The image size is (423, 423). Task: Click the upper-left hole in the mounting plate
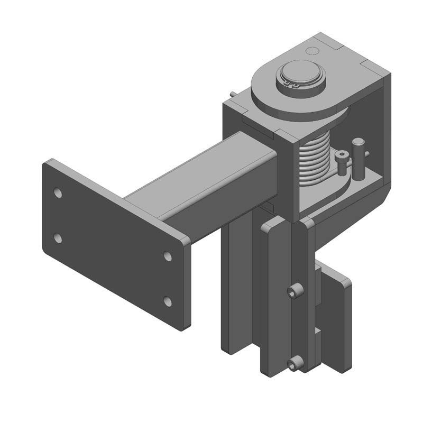58,193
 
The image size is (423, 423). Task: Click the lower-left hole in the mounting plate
58,238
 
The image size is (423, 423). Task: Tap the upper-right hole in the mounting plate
168,256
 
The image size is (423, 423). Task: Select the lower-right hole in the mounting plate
168,301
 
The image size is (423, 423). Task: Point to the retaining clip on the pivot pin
290,85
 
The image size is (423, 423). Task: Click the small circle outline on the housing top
312,51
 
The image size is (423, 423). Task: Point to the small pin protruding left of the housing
233,93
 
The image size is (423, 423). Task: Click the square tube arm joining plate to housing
212,180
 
